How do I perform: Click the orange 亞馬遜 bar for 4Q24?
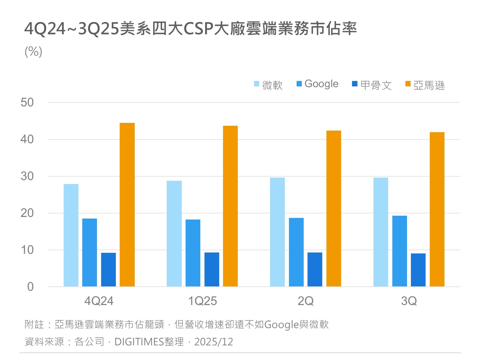point(127,205)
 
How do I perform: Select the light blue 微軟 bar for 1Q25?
point(174,234)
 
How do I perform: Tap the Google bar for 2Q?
point(296,252)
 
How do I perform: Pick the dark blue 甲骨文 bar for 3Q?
point(418,270)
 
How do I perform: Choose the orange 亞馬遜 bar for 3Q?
point(437,209)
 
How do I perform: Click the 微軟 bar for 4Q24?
point(71,235)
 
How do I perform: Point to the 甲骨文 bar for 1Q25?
point(212,269)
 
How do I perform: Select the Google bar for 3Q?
point(399,251)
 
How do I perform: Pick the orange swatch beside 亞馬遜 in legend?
point(408,84)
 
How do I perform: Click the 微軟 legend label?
point(272,85)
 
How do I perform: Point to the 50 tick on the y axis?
point(27,102)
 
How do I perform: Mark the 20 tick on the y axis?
point(27,213)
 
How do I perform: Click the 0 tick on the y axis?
point(30,287)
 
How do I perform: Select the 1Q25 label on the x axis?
point(202,301)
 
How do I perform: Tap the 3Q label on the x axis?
point(409,301)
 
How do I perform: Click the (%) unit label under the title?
point(34,52)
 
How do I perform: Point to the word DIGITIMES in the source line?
point(139,342)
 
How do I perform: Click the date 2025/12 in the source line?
point(213,342)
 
